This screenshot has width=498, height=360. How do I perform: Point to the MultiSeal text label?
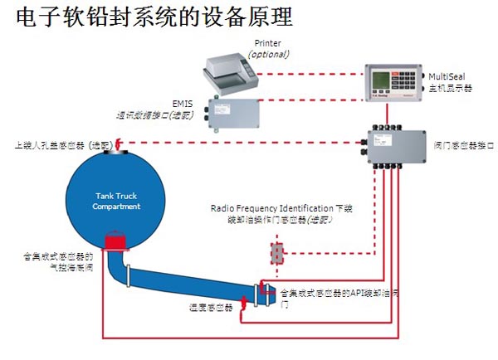[452, 75]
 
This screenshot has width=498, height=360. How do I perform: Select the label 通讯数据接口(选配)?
[154, 114]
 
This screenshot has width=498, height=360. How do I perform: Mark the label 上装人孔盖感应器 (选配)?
[62, 144]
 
